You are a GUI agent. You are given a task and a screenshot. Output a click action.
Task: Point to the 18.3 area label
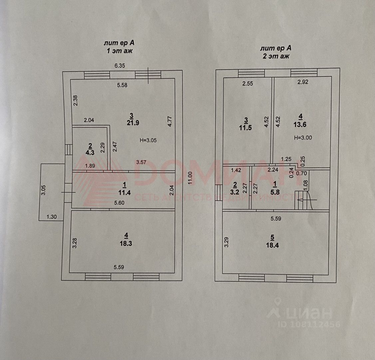[126, 243]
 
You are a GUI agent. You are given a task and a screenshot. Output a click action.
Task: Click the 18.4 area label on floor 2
[272, 246]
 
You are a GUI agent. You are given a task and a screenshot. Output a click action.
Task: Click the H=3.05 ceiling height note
[148, 140]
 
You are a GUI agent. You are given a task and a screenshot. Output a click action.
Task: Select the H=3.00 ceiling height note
[303, 137]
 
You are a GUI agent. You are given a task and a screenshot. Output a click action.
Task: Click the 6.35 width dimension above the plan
[120, 66]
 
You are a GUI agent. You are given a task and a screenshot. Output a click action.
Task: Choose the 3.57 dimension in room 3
[142, 162]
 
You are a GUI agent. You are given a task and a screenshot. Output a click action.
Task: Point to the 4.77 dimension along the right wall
[170, 121]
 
